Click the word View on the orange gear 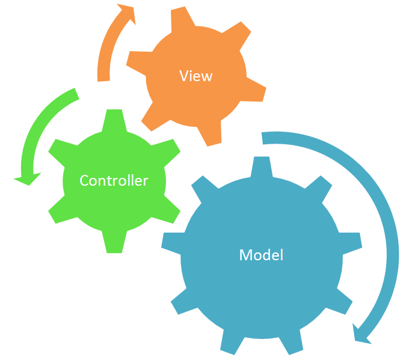[196, 76]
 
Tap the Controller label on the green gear [114, 180]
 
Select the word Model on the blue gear [261, 255]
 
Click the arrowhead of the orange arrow [126, 13]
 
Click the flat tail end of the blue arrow [265, 138]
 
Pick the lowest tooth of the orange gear [212, 135]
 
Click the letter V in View [183, 76]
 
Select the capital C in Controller [84, 180]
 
